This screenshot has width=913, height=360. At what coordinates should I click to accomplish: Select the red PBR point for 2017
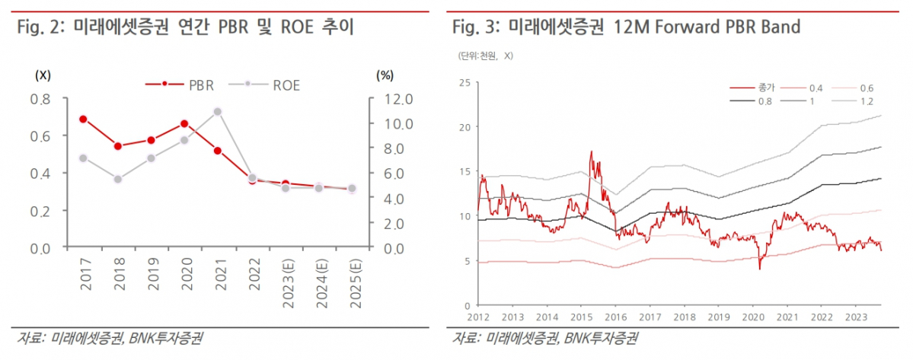tap(83, 119)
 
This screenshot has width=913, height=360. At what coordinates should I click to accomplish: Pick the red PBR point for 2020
tap(184, 124)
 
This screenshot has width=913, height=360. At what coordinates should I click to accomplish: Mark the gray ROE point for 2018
tap(117, 179)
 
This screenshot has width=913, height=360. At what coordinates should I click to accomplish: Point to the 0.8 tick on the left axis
tap(40, 99)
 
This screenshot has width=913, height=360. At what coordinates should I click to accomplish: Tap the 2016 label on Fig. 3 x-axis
tap(614, 316)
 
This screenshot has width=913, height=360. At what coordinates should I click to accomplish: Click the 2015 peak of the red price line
tap(591, 151)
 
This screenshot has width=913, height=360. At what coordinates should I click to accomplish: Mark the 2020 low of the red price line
tap(759, 269)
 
